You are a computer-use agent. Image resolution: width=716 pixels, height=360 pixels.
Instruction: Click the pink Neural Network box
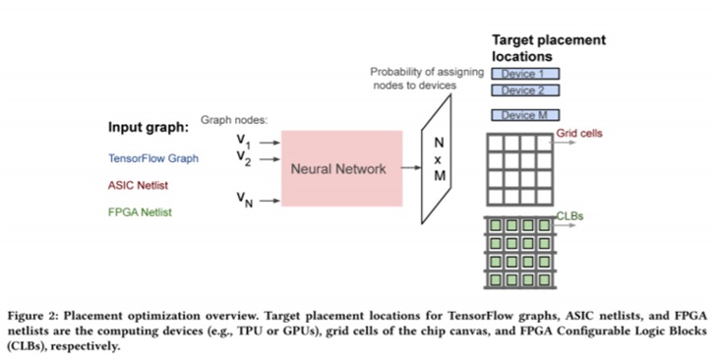click(x=342, y=168)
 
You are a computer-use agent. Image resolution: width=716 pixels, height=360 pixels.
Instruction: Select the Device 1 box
click(x=525, y=74)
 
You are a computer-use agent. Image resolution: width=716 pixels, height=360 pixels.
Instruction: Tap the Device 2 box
click(x=525, y=90)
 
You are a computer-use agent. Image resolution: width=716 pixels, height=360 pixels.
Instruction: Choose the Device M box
click(x=525, y=115)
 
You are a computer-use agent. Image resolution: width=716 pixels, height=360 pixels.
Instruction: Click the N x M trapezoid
click(x=437, y=159)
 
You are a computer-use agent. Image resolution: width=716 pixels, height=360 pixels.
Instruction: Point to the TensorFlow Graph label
click(x=153, y=158)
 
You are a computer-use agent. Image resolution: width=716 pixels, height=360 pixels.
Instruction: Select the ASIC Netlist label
click(x=138, y=185)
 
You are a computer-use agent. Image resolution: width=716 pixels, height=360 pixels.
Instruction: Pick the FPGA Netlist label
click(x=141, y=212)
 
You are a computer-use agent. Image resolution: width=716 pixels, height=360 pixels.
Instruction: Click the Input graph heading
click(x=149, y=127)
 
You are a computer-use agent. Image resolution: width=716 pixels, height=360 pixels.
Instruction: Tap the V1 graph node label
click(x=244, y=141)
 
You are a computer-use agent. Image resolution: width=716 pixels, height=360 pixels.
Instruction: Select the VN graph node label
click(x=245, y=200)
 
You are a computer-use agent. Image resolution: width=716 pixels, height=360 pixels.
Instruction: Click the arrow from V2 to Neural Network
click(x=269, y=159)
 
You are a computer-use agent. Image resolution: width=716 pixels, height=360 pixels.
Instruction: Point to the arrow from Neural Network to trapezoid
click(x=411, y=167)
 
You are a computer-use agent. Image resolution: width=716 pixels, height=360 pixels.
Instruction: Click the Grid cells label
click(x=579, y=133)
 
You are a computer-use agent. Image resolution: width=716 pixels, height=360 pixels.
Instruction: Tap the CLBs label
click(x=569, y=215)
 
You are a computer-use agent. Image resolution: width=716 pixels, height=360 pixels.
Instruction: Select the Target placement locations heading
click(x=549, y=48)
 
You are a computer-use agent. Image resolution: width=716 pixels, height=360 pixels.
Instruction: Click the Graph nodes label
click(x=234, y=120)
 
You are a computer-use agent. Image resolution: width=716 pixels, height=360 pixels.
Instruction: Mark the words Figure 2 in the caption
click(x=31, y=316)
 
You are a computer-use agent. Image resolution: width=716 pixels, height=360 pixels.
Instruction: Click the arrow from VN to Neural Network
click(x=269, y=201)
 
